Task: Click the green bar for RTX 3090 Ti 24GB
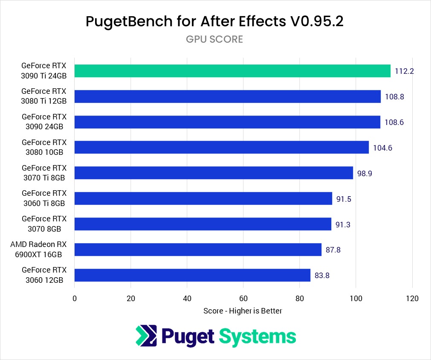point(232,71)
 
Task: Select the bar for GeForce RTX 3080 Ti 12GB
point(227,96)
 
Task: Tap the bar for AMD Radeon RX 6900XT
point(198,250)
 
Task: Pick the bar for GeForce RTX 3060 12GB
point(192,275)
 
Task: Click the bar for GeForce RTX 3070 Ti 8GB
point(214,173)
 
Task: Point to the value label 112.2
point(405,71)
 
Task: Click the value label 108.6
point(394,122)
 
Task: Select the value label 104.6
point(383,148)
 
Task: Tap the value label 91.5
point(344,199)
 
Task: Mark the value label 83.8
point(322,275)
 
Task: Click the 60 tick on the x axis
point(243,298)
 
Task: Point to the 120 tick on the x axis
point(412,298)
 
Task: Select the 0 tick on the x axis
point(75,298)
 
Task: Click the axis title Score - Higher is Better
point(243,311)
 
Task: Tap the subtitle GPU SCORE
point(214,39)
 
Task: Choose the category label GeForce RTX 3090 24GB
point(43,122)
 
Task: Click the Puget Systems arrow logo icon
point(146,335)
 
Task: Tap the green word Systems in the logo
point(257,337)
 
